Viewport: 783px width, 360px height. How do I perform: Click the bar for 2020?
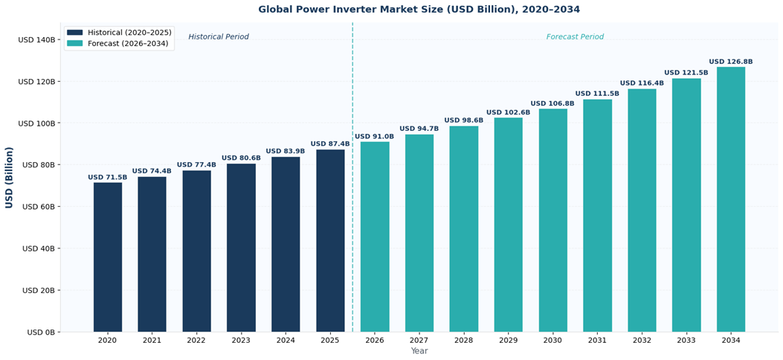point(108,257)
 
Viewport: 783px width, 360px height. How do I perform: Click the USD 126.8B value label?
point(731,62)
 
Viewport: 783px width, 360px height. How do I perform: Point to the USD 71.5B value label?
point(108,178)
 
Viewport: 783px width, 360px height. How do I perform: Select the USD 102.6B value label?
point(509,113)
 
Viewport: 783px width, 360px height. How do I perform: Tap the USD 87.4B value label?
point(330,144)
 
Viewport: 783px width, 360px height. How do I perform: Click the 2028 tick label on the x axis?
point(464,341)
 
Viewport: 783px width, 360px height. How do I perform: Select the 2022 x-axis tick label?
point(196,341)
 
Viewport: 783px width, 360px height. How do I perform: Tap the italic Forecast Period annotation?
point(575,37)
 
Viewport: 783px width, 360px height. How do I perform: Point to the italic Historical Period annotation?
point(219,37)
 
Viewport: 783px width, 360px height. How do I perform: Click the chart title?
point(419,10)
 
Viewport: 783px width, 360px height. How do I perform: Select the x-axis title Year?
point(419,351)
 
